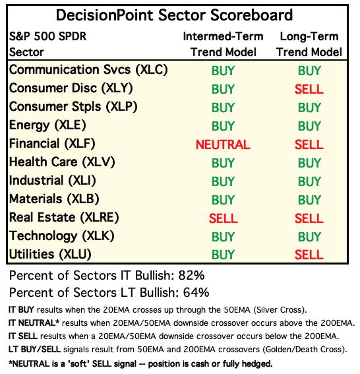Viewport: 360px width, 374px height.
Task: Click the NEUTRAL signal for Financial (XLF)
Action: pyautogui.click(x=223, y=144)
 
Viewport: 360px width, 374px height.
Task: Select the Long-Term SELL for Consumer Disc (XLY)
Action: pyautogui.click(x=309, y=89)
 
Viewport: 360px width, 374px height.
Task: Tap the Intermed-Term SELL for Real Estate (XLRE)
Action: pyautogui.click(x=224, y=218)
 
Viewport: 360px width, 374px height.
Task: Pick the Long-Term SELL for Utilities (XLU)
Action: pyautogui.click(x=309, y=255)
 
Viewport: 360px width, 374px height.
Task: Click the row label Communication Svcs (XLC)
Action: pyautogui.click(x=88, y=70)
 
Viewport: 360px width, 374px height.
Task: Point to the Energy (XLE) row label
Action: pyautogui.click(x=47, y=125)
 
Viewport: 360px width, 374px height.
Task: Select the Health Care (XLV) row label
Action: pyautogui.click(x=62, y=162)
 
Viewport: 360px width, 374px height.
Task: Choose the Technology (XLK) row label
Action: pyautogui.click(x=62, y=236)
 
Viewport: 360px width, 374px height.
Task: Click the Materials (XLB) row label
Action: pyautogui.click(x=54, y=199)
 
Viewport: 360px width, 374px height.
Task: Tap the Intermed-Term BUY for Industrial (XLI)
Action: pyautogui.click(x=223, y=181)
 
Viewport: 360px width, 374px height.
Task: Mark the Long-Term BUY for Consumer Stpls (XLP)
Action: pyautogui.click(x=309, y=108)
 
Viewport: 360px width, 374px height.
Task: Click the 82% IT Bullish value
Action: pyautogui.click(x=191, y=275)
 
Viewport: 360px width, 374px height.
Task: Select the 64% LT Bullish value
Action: pyautogui.click(x=196, y=292)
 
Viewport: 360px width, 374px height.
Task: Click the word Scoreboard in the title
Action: pyautogui.click(x=251, y=15)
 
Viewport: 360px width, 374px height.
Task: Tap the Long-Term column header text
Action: pyautogui.click(x=309, y=36)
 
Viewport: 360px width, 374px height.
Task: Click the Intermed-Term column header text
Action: pyautogui.click(x=223, y=36)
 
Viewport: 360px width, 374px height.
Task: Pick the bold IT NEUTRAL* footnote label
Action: pyautogui.click(x=34, y=323)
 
